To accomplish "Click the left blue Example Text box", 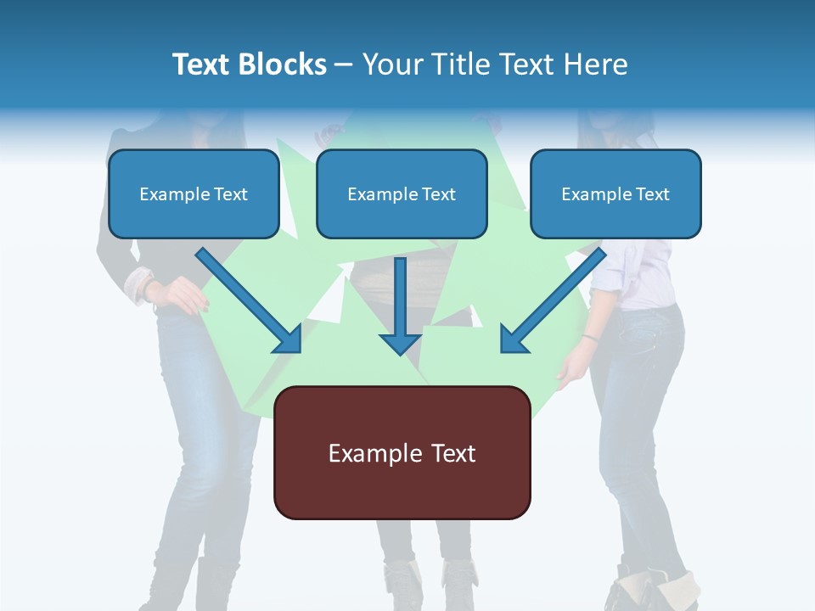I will [194, 193].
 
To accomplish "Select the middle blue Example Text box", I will [402, 193].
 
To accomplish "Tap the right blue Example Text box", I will [615, 193].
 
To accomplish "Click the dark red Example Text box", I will [402, 453].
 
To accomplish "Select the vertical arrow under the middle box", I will [400, 305].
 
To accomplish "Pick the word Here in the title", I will [597, 64].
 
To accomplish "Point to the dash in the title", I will [344, 64].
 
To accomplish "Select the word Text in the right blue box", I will [652, 194].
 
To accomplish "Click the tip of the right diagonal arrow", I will [506, 347].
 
